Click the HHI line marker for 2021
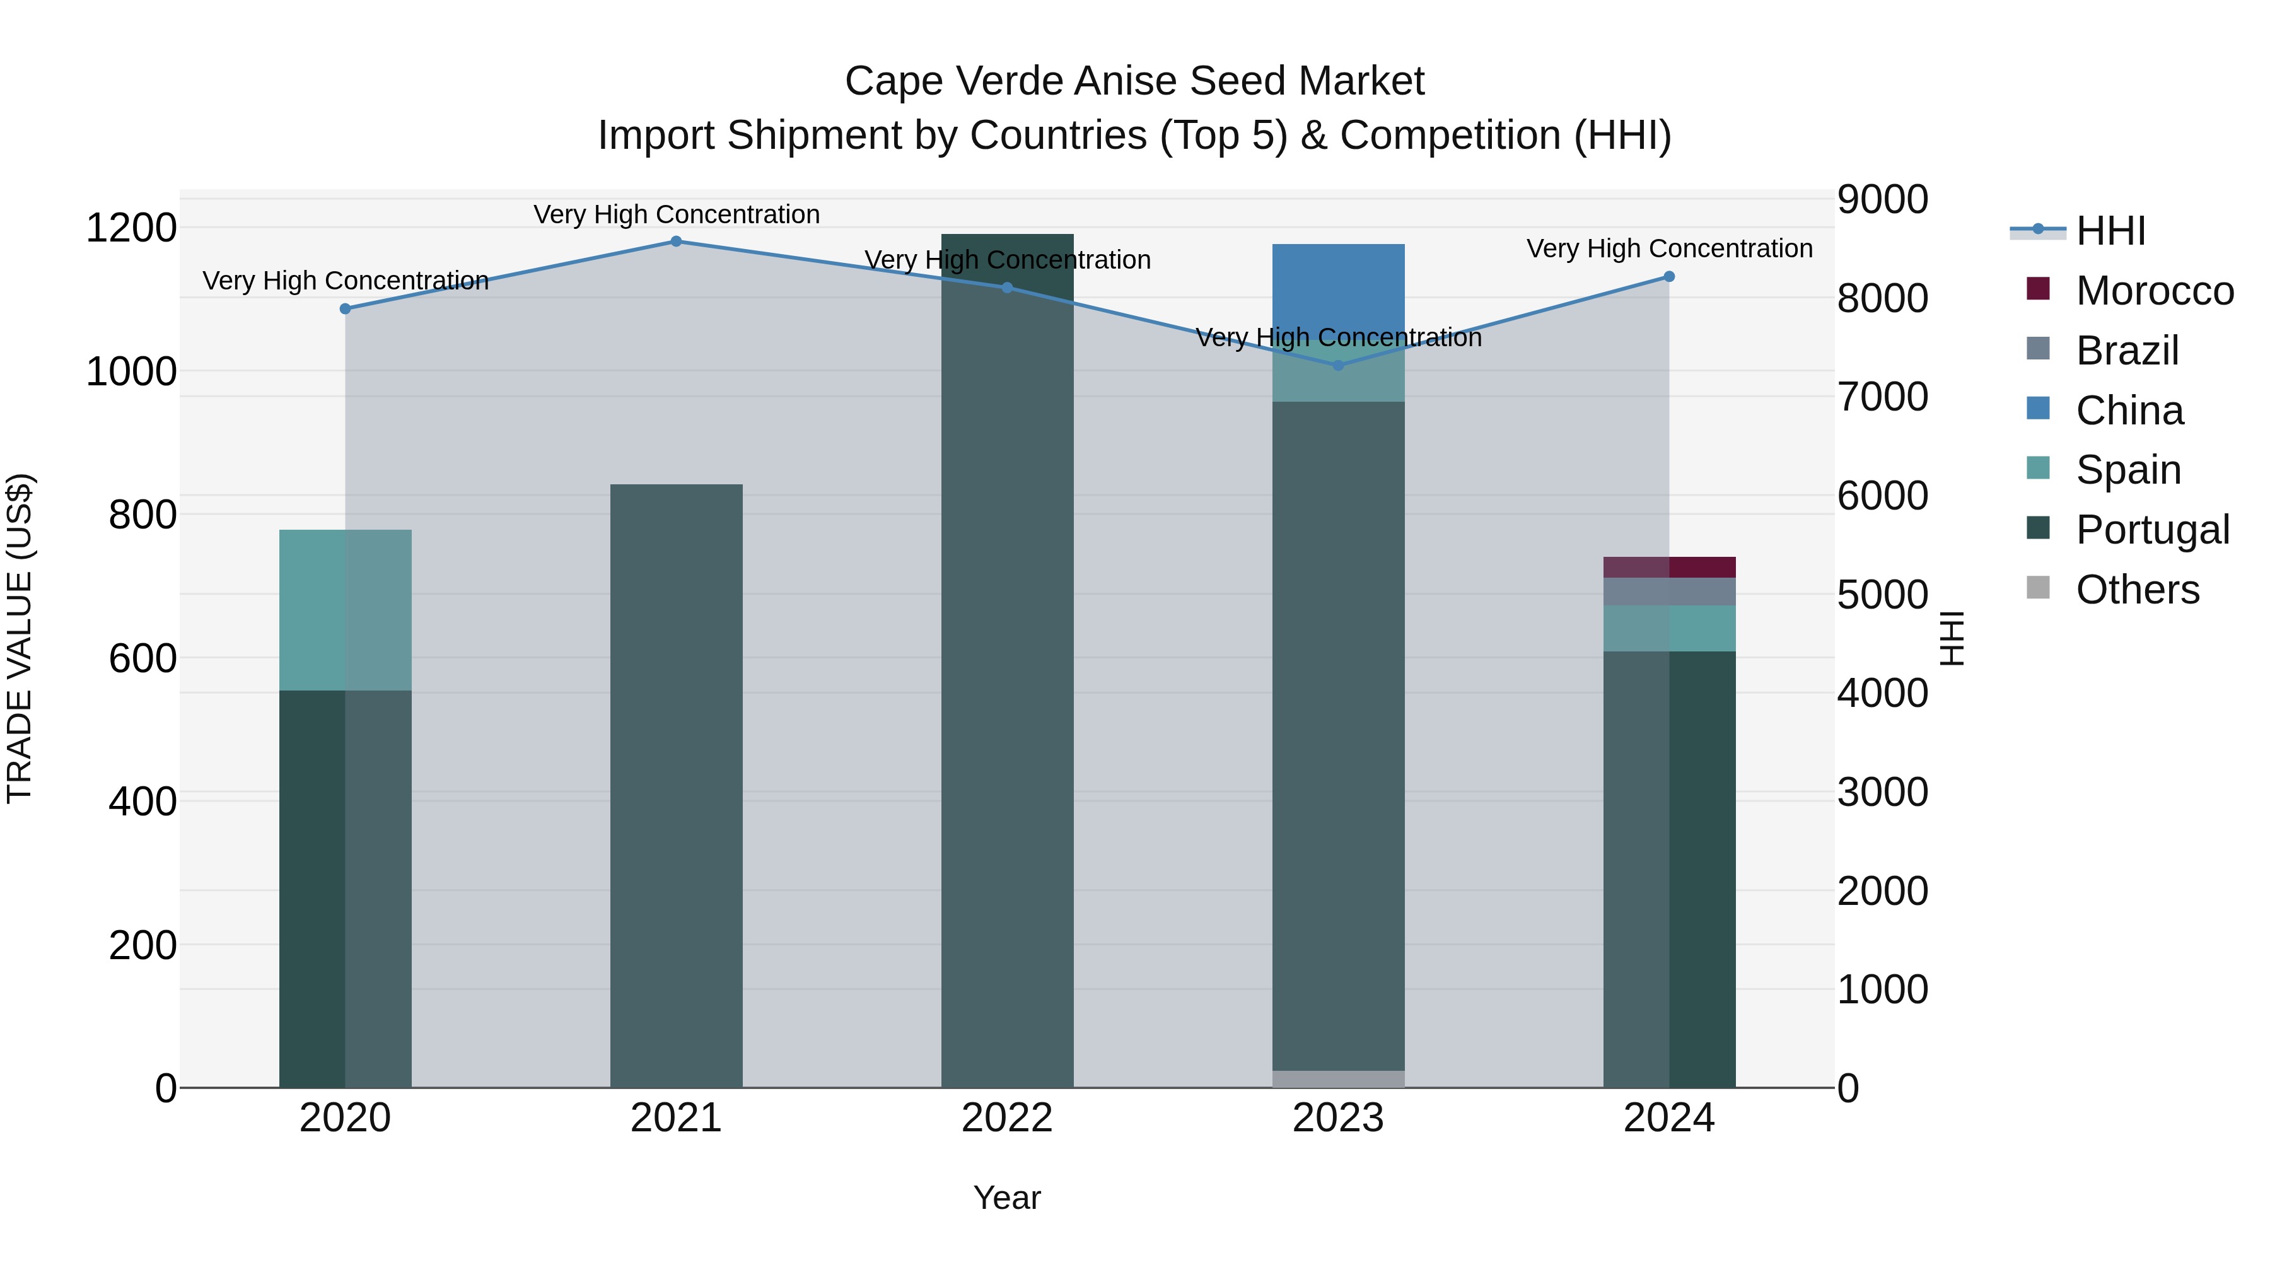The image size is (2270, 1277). pos(676,242)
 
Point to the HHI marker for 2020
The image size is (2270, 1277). pos(346,308)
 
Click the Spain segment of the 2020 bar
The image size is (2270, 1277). pos(346,610)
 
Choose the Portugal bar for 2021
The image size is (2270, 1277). pos(676,784)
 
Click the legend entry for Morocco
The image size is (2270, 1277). pos(2154,291)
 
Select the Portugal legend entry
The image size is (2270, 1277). pos(2152,530)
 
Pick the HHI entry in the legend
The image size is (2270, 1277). pos(2110,231)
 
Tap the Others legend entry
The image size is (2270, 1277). pos(2137,590)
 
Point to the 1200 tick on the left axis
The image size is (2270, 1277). pos(131,228)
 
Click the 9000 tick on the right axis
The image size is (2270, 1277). pos(1882,199)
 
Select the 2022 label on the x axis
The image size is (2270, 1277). pos(1006,1118)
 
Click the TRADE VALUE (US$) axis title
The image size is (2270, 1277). pos(20,638)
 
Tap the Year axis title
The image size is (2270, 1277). pos(1006,1198)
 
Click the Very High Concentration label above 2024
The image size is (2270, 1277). pos(1669,248)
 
